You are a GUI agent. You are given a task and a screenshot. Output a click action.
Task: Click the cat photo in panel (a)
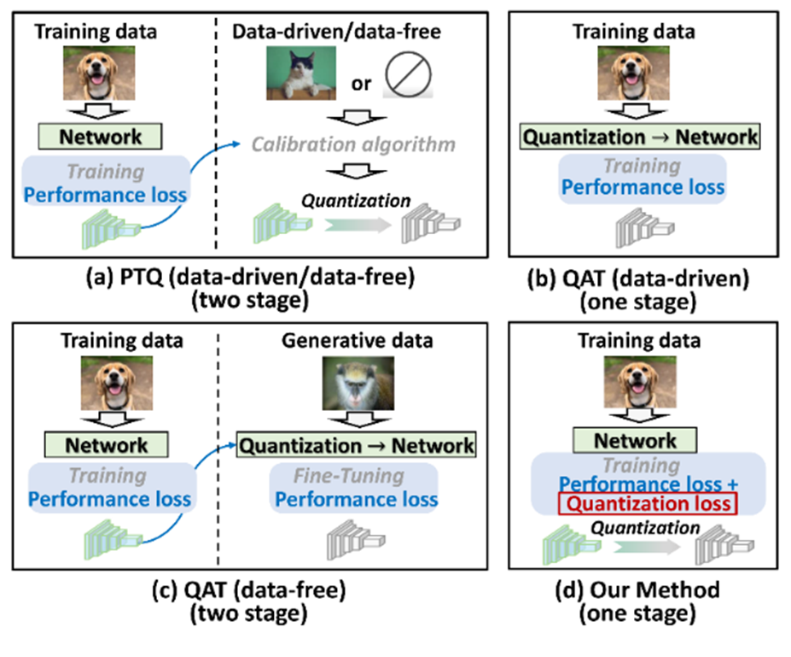(301, 73)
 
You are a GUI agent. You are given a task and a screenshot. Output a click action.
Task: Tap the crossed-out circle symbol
(408, 74)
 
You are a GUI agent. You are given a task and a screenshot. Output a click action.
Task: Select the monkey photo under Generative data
(358, 384)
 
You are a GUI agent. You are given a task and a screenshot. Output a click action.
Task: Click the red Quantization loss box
(649, 503)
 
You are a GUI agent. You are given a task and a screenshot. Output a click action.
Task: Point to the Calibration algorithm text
(353, 144)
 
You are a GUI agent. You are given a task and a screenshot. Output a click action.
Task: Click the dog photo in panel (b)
(634, 73)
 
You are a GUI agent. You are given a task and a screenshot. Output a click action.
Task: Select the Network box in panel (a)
(101, 137)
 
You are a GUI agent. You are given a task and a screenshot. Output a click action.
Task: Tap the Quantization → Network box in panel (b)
(640, 137)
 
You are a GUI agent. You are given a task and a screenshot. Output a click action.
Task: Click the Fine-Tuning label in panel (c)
(349, 476)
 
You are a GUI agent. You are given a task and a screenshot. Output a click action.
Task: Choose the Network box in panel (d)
(635, 440)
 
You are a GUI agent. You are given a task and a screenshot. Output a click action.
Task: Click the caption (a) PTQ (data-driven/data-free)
(250, 278)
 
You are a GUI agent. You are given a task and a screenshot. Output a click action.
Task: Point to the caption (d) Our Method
(637, 590)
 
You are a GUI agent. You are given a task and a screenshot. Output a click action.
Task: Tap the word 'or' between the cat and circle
(361, 84)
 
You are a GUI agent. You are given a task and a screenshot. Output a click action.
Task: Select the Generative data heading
(358, 341)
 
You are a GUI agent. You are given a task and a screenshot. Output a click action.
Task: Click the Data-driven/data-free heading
(336, 32)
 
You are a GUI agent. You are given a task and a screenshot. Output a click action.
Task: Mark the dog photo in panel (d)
(640, 382)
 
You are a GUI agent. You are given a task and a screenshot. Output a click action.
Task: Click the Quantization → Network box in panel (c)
(356, 445)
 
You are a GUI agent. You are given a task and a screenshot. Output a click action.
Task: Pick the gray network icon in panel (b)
(645, 228)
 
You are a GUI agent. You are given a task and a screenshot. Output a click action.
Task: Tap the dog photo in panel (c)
(117, 384)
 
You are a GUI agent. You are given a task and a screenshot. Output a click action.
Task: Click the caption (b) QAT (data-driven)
(638, 279)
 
